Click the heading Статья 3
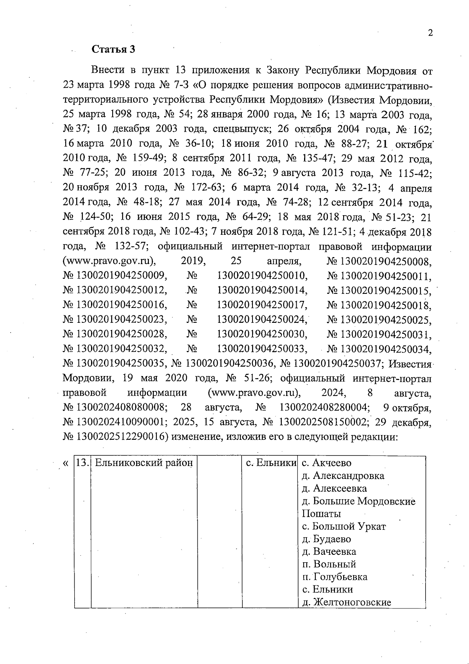pyautogui.click(x=113, y=49)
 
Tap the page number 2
pyautogui.click(x=430, y=33)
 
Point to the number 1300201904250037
pyautogui.click(x=337, y=364)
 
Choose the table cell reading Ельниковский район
pyautogui.click(x=144, y=463)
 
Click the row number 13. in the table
pyautogui.click(x=82, y=463)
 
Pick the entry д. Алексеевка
pyautogui.click(x=334, y=489)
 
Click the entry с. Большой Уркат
pyautogui.click(x=344, y=527)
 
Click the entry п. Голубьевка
pyautogui.click(x=335, y=577)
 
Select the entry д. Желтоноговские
pyautogui.click(x=346, y=602)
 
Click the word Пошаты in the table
pyautogui.click(x=321, y=514)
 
